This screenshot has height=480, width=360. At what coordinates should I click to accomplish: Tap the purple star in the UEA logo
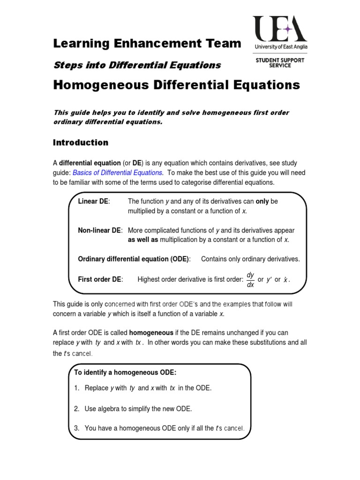288,29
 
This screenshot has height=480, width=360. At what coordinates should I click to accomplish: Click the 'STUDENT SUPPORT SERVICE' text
280,62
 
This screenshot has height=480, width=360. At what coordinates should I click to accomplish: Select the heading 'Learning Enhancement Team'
147,44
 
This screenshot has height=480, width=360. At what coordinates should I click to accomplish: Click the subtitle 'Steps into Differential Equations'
137,65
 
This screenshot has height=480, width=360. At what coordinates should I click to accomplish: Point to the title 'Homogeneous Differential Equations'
176,85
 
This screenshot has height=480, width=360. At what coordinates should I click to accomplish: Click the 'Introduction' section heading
81,142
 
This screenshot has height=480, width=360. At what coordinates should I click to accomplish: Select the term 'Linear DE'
93,201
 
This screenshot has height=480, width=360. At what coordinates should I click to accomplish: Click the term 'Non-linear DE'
99,230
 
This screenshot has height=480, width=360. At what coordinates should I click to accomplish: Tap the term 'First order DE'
100,279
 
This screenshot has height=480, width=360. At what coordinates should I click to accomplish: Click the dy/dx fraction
250,279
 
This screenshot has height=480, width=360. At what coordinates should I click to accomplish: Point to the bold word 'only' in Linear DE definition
262,201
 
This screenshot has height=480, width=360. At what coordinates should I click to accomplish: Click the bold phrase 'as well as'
143,240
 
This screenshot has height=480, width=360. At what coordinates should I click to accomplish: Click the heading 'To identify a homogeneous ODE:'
125,372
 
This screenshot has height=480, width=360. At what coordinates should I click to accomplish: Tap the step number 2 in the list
76,409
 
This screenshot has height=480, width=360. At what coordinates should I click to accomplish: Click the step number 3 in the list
76,428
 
